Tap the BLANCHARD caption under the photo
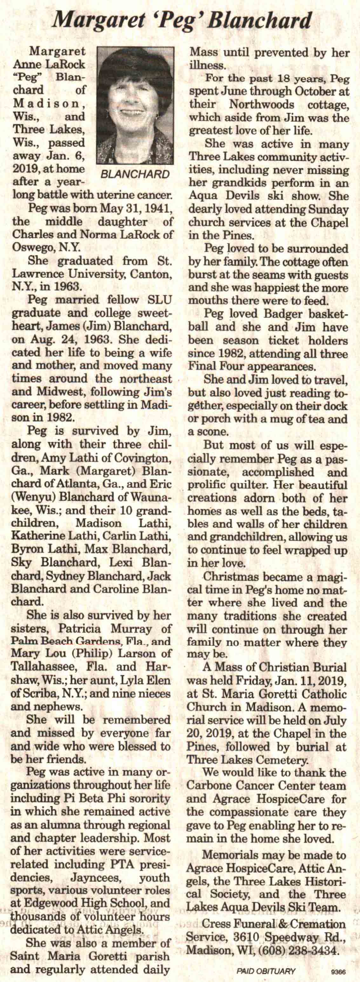coord(135,174)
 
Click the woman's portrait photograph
coord(135,106)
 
